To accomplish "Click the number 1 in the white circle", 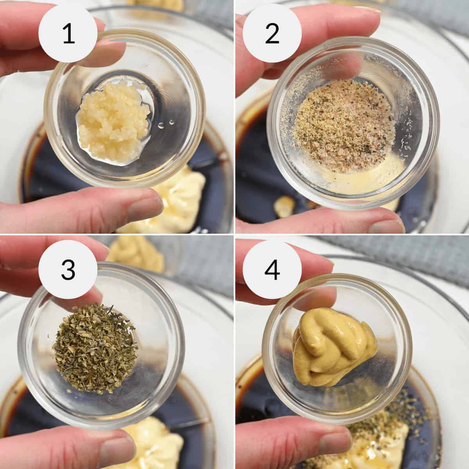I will pos(68,34).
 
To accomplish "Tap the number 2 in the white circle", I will pos(272,34).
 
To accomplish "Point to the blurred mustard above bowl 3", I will pos(137,254).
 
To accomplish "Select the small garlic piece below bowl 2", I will pos(285,205).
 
